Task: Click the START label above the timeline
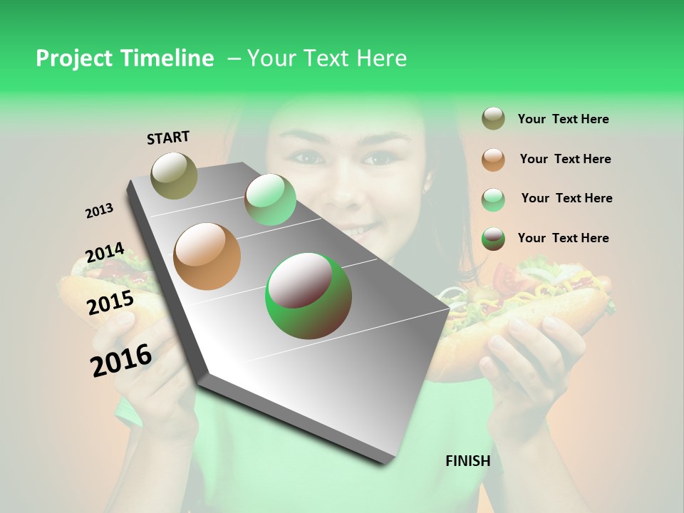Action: [168, 138]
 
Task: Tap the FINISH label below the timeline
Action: [468, 461]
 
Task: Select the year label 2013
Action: [99, 211]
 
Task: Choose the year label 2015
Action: [110, 303]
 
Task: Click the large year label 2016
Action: [121, 360]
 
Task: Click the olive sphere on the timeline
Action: [175, 175]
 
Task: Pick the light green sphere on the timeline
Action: [270, 199]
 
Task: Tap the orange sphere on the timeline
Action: [207, 256]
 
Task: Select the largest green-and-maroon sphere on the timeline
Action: [308, 296]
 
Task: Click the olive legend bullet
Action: [493, 119]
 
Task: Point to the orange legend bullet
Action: [493, 160]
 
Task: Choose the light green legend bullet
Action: [493, 199]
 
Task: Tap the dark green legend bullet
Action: [493, 239]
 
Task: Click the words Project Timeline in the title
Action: [125, 58]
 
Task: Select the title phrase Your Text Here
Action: [327, 58]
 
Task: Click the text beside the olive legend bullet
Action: [563, 120]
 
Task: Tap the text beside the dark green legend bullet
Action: [563, 238]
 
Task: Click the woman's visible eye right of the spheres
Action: [377, 157]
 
